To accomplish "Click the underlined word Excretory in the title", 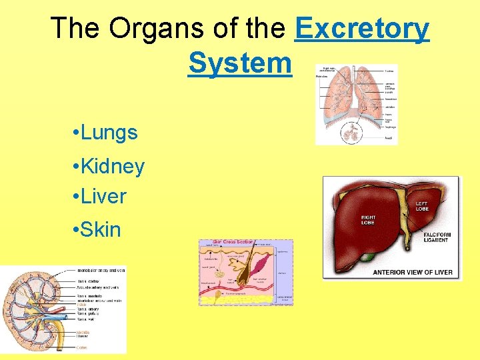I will [x=362, y=29].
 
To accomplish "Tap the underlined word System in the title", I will [x=240, y=63].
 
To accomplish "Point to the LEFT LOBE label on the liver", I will [x=421, y=206].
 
